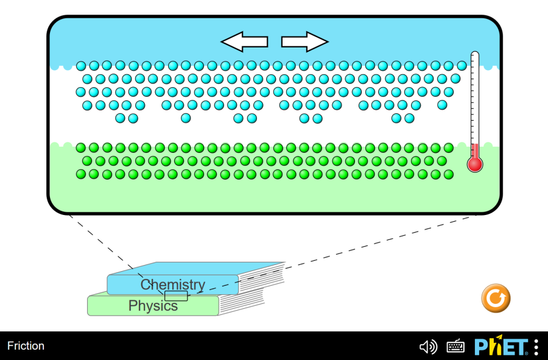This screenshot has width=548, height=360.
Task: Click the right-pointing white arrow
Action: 304,41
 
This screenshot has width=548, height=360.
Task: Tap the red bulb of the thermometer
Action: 475,163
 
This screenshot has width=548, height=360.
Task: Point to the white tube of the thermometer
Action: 475,97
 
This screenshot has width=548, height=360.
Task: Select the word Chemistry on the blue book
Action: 173,284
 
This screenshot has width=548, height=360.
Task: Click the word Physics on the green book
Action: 153,306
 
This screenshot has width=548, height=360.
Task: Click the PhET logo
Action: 501,347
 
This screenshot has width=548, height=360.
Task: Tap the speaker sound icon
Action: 428,347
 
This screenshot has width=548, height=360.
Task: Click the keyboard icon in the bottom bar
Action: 455,347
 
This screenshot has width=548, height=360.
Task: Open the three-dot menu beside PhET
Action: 536,347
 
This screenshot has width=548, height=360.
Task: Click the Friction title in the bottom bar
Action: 26,346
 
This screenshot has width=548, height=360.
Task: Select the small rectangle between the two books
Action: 176,296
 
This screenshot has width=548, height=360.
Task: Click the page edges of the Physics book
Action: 242,303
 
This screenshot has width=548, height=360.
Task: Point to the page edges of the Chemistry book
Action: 262,277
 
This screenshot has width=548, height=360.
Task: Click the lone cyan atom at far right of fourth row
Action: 442,105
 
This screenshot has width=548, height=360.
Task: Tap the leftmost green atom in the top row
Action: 80,147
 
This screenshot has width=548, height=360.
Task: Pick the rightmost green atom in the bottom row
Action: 449,174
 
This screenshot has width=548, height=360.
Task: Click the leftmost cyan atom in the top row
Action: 81,66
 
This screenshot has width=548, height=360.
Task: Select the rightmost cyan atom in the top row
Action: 462,66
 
